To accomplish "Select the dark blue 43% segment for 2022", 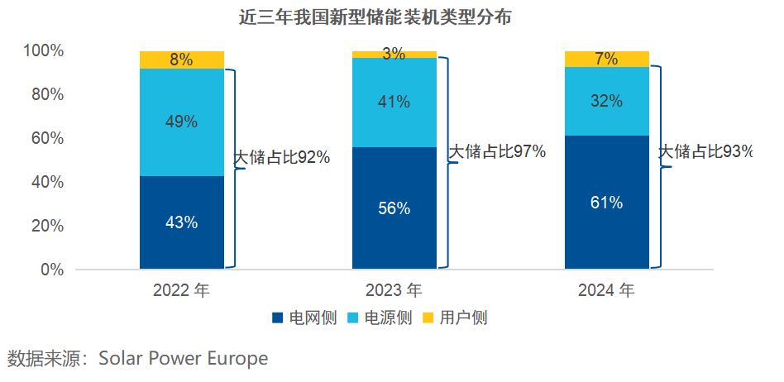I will click(x=182, y=222).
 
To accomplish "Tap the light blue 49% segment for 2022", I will click(x=182, y=122).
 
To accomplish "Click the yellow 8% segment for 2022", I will click(x=182, y=60).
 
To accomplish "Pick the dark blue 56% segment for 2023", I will click(x=394, y=208).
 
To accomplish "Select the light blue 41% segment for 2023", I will click(x=394, y=103).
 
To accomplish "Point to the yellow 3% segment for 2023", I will click(x=394, y=55).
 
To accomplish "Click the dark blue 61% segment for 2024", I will click(x=607, y=203).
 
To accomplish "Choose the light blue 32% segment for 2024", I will click(x=607, y=101).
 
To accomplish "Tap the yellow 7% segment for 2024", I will click(x=607, y=59).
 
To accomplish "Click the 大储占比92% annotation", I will click(x=281, y=157).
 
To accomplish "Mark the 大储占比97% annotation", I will click(x=497, y=152).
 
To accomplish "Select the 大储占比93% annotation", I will click(x=706, y=152).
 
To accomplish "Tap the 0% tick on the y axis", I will click(x=51, y=270).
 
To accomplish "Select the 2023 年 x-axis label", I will click(x=394, y=290).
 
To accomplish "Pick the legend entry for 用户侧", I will click(x=454, y=318).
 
